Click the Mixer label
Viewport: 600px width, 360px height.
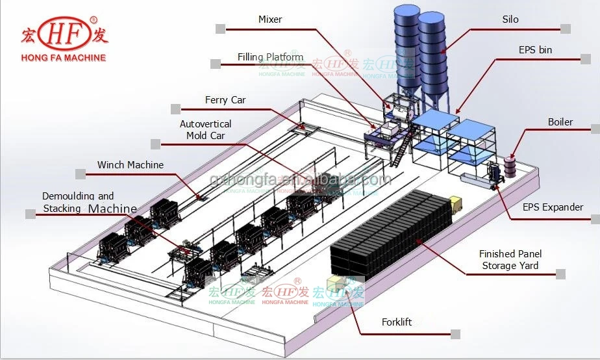pyautogui.click(x=270, y=19)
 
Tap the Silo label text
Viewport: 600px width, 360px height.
pyautogui.click(x=510, y=19)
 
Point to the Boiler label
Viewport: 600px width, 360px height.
pyautogui.click(x=560, y=122)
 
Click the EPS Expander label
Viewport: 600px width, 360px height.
pyautogui.click(x=553, y=207)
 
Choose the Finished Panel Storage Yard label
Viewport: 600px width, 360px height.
pyautogui.click(x=510, y=259)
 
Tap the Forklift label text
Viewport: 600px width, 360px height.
pyautogui.click(x=396, y=322)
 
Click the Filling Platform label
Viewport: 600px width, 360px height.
pyautogui.click(x=270, y=57)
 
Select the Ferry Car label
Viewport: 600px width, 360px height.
pyautogui.click(x=225, y=100)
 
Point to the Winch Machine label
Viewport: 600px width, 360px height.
pyautogui.click(x=131, y=165)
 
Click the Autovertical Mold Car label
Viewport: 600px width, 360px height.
pyautogui.click(x=205, y=129)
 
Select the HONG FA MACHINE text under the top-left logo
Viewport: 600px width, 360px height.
pyautogui.click(x=64, y=58)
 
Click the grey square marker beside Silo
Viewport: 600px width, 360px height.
pyautogui.click(x=566, y=29)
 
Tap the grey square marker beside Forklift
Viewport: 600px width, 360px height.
pyautogui.click(x=456, y=334)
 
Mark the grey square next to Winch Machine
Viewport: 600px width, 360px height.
pyautogui.click(x=81, y=174)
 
